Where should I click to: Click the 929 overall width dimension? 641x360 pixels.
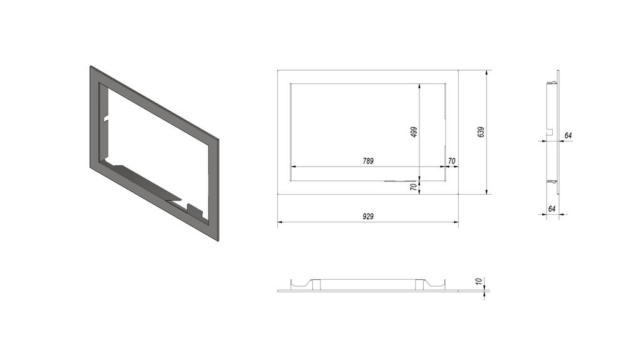click(368, 216)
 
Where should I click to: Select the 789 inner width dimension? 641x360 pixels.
click(368, 161)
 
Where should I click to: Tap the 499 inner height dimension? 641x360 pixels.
click(414, 131)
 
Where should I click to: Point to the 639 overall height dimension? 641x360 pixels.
click(481, 132)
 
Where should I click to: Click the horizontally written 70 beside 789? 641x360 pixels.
click(451, 161)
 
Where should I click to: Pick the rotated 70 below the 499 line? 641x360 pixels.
click(414, 187)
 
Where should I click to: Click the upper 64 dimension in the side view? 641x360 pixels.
click(568, 135)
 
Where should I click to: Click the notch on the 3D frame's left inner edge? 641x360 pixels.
click(106, 117)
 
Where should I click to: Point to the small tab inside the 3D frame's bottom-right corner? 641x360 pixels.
click(195, 208)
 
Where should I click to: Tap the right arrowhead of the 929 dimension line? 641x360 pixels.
click(456, 222)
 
